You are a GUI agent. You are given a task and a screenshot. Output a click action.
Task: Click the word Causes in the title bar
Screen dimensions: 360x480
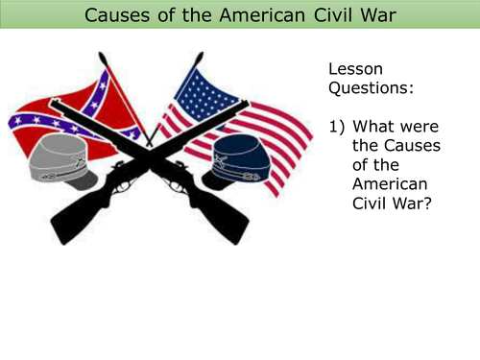(118, 15)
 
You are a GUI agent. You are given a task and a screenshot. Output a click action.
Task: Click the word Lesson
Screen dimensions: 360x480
(356, 70)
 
